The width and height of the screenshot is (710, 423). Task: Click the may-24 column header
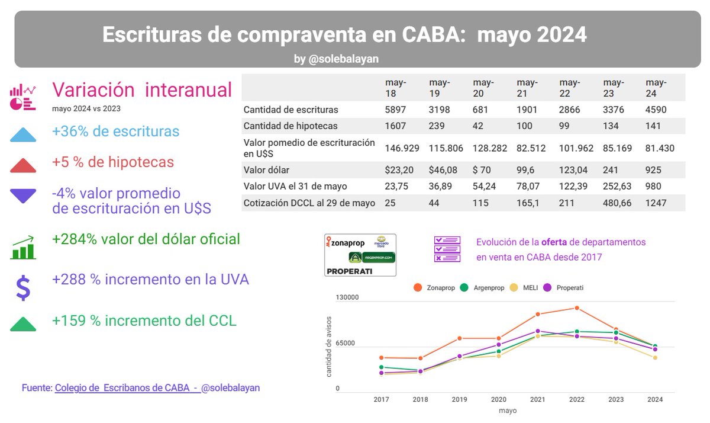[x=656, y=88]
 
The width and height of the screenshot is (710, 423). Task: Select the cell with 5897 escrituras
[x=396, y=110]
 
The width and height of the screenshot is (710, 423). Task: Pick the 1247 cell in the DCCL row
[x=656, y=203]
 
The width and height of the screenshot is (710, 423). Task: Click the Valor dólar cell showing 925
[x=653, y=170]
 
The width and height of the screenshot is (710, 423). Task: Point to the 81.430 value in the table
[x=660, y=148]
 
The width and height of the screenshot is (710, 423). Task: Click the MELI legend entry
[x=526, y=287]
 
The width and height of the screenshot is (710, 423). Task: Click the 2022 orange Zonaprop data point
[x=577, y=308]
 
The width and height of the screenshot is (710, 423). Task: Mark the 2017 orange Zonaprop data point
[x=382, y=358]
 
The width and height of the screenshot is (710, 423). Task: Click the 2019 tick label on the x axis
[x=460, y=399]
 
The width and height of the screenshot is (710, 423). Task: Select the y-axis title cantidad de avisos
[x=329, y=347]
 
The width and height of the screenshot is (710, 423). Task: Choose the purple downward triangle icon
[x=23, y=196]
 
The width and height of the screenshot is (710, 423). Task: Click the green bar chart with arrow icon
[x=23, y=247]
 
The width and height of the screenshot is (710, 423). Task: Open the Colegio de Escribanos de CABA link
[x=126, y=387]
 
